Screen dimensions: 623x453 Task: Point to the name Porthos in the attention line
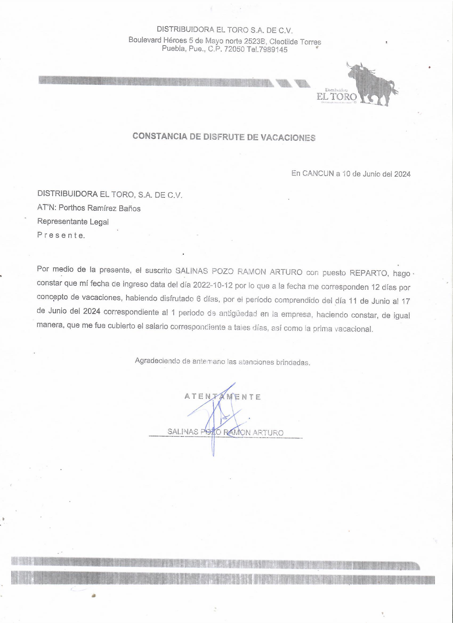[72, 208]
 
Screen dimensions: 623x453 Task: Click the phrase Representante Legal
[73, 221]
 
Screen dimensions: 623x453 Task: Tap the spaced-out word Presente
[61, 235]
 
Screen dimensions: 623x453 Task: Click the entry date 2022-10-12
[213, 286]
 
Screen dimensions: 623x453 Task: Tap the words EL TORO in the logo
[337, 97]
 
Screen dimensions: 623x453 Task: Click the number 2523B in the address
[254, 41]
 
